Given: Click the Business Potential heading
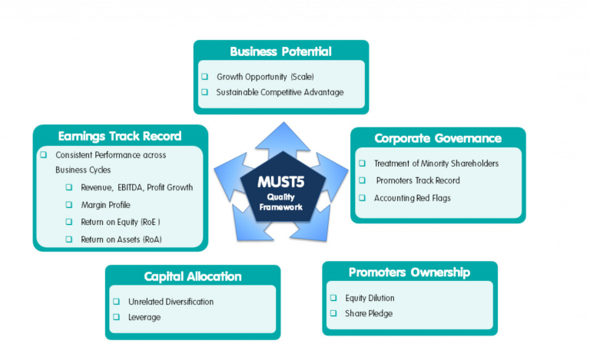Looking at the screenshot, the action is point(280,51).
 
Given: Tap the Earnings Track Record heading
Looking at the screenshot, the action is point(120,136).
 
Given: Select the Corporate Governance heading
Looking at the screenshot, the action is point(438,138).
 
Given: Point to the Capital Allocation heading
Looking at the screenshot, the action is point(193,276).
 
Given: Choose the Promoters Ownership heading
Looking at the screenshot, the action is point(409,272).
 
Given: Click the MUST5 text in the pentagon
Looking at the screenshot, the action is point(280,182).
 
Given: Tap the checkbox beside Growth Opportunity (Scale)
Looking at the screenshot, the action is point(204,77).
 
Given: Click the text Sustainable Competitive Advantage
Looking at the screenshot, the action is point(280,92).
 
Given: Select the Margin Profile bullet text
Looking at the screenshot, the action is point(106,205).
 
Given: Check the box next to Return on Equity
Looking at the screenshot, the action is point(69,222).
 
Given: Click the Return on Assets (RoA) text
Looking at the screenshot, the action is point(121,239).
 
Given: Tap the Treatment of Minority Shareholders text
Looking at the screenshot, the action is point(436,163).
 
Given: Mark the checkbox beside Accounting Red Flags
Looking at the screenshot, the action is point(362,198).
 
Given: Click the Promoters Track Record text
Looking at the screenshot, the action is point(418,180).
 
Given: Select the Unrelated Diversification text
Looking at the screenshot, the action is point(171,302).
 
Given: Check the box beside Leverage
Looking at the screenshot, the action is point(117,317).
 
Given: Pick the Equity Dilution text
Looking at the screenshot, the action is point(370,298).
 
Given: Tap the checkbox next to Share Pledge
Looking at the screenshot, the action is point(333,313).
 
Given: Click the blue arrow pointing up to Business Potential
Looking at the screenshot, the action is point(283,139).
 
